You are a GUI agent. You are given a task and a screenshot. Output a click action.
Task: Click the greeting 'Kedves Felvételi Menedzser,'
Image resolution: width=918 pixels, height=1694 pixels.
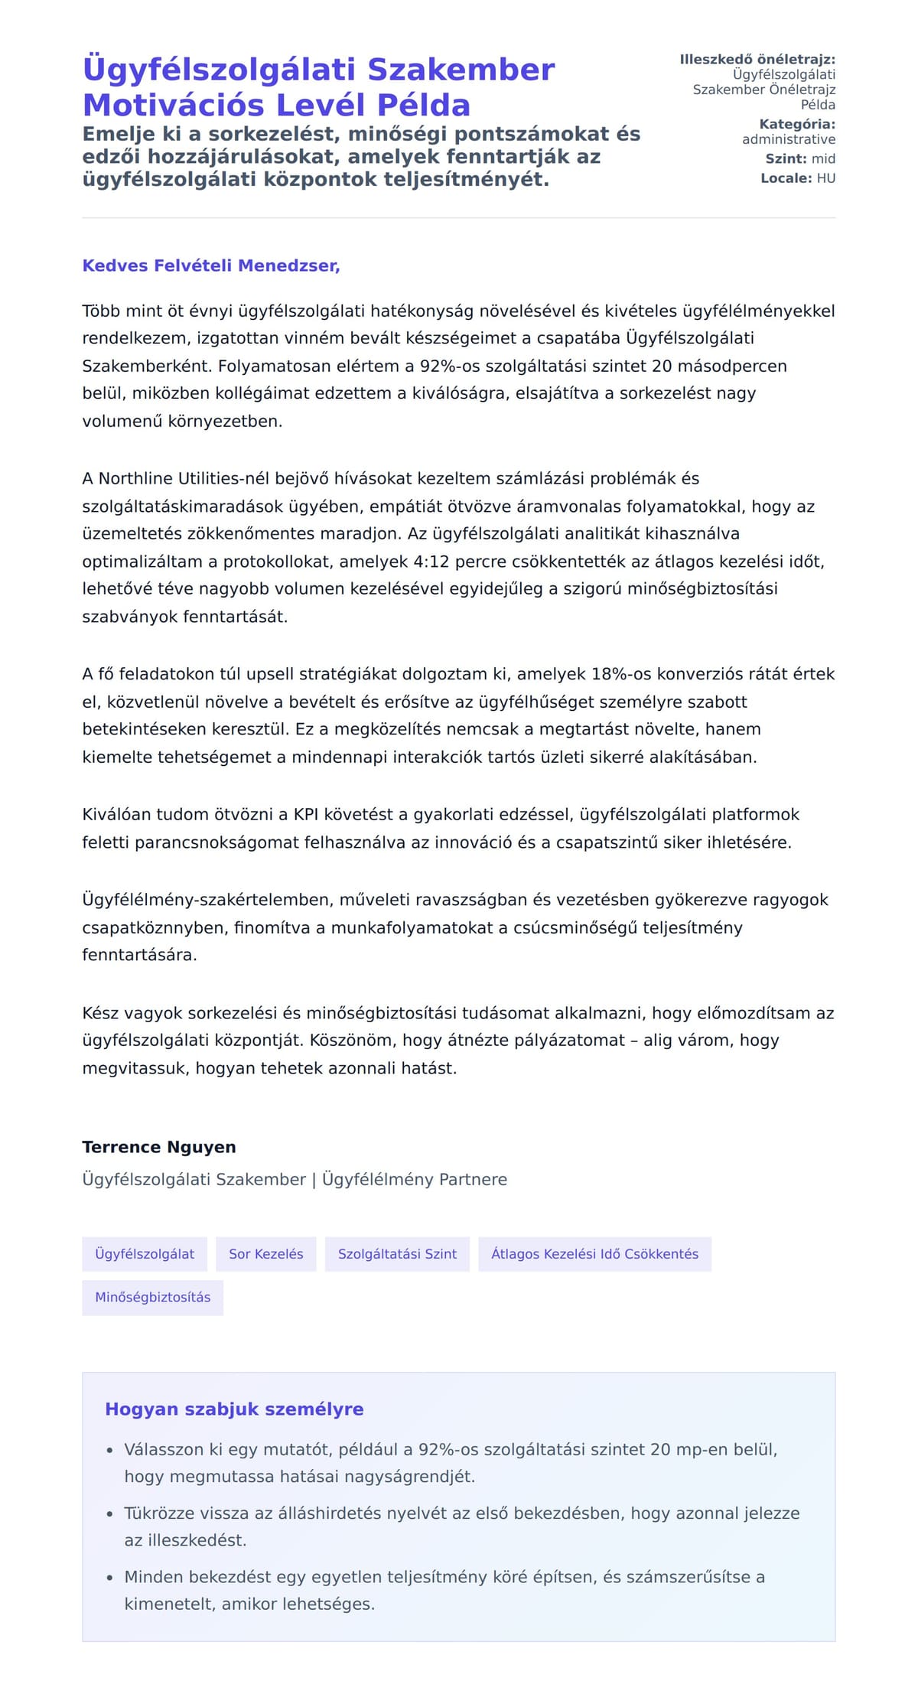point(211,266)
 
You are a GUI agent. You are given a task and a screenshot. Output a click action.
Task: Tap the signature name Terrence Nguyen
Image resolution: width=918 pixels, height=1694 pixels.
point(159,1147)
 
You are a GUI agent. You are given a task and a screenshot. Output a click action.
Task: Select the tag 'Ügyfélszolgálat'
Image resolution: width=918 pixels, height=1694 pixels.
point(145,1254)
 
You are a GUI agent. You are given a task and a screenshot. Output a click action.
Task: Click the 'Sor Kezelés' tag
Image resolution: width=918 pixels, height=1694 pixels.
point(266,1254)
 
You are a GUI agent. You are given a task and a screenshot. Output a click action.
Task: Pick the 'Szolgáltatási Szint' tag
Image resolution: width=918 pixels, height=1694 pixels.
point(397,1254)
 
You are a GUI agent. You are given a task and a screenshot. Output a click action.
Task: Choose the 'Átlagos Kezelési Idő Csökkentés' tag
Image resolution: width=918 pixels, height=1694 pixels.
point(594,1254)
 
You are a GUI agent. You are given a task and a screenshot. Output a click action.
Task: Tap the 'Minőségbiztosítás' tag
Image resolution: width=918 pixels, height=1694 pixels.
point(153,1297)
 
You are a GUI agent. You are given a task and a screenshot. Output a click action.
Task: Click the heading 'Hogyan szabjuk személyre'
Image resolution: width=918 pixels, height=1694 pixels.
point(234,1409)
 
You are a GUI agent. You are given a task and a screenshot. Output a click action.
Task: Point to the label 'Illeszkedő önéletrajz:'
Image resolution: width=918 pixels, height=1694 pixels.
point(757,60)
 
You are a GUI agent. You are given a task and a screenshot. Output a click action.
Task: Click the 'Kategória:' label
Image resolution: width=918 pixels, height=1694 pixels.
point(797,124)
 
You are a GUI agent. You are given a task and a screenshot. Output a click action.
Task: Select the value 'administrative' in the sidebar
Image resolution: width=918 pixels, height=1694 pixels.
point(789,139)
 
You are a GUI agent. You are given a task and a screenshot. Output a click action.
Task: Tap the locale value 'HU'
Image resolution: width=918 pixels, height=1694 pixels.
point(826,178)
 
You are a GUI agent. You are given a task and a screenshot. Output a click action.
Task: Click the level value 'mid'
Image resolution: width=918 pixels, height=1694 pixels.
point(823,159)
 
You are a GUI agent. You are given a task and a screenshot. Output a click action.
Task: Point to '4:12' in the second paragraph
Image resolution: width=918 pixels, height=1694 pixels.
point(431,562)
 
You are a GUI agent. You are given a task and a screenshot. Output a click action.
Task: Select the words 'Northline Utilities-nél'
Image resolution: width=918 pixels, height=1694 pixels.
point(184,479)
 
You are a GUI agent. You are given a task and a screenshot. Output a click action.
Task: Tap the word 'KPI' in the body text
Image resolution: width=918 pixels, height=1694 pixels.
point(306,815)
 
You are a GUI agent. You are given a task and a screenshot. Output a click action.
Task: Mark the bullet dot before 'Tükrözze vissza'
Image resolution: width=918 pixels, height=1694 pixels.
point(109,1514)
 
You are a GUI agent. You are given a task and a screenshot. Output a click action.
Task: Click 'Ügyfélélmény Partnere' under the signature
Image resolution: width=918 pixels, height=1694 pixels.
point(415,1179)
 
